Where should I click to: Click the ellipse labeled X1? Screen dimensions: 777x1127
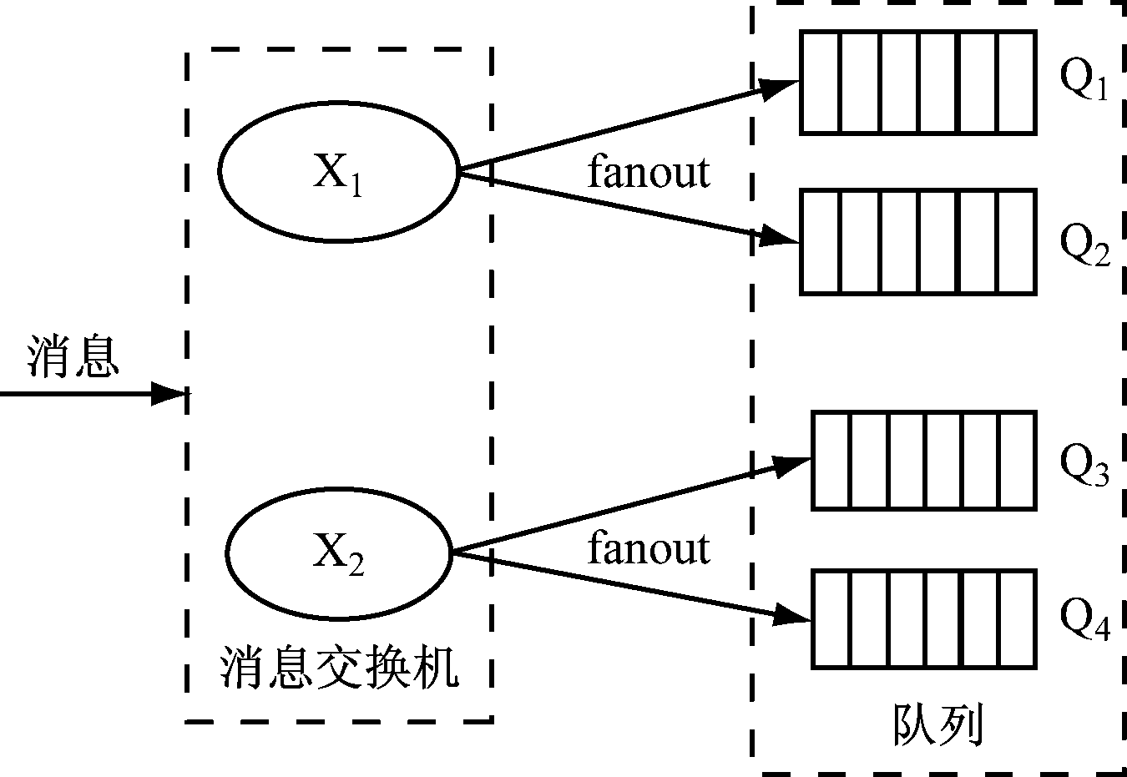(x=339, y=171)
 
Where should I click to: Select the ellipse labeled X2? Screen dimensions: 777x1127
(x=339, y=552)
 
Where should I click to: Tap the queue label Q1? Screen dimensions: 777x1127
(x=1084, y=80)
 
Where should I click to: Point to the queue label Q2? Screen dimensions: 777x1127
(x=1084, y=244)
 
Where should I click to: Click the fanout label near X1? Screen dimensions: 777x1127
(x=649, y=172)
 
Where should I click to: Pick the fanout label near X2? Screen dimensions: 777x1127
(x=649, y=548)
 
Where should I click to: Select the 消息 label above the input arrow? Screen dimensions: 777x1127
(x=73, y=356)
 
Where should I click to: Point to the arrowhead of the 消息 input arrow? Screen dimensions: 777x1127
(x=169, y=392)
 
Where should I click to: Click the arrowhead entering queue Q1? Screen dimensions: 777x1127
(x=781, y=86)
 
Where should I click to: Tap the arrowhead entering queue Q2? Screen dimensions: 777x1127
(x=781, y=237)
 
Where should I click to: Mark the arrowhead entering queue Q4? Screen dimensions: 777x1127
(x=794, y=615)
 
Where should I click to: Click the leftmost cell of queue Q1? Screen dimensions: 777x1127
(x=819, y=82)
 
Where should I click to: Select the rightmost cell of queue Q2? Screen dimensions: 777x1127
(x=1017, y=242)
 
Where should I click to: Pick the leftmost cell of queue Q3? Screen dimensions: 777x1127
(x=831, y=461)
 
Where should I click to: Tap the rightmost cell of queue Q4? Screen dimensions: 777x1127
(x=1018, y=618)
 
